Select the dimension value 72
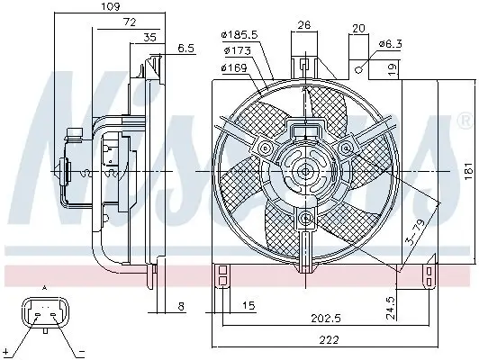click(x=130, y=22)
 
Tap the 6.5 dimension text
click(x=186, y=48)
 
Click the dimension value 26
click(x=305, y=24)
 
